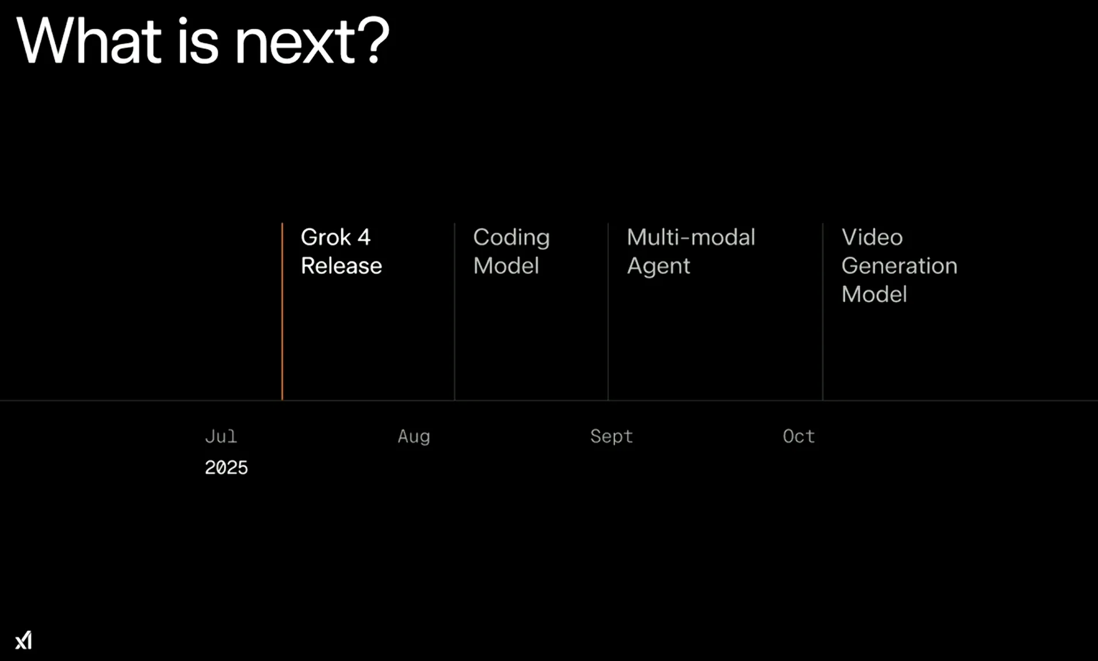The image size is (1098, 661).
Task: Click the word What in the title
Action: (x=89, y=41)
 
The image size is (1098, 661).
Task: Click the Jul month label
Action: (x=221, y=436)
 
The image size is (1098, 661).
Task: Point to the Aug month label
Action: (x=414, y=436)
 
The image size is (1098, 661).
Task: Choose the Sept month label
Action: (x=611, y=436)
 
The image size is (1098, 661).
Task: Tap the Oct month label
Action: (x=799, y=436)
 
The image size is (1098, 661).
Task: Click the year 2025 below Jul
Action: (x=226, y=468)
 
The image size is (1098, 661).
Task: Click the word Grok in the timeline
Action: (x=326, y=237)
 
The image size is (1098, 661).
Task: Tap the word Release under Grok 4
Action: (x=341, y=266)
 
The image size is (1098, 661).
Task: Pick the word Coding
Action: (x=511, y=238)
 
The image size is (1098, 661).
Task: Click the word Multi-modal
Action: (x=691, y=237)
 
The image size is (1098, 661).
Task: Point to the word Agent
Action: (x=658, y=267)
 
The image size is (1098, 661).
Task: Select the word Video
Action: (x=872, y=237)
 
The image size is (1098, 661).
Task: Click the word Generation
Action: (x=899, y=266)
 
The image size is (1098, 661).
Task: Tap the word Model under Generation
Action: (x=874, y=294)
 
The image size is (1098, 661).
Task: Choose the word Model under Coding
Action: (x=506, y=266)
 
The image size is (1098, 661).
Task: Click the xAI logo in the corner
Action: (x=24, y=640)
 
